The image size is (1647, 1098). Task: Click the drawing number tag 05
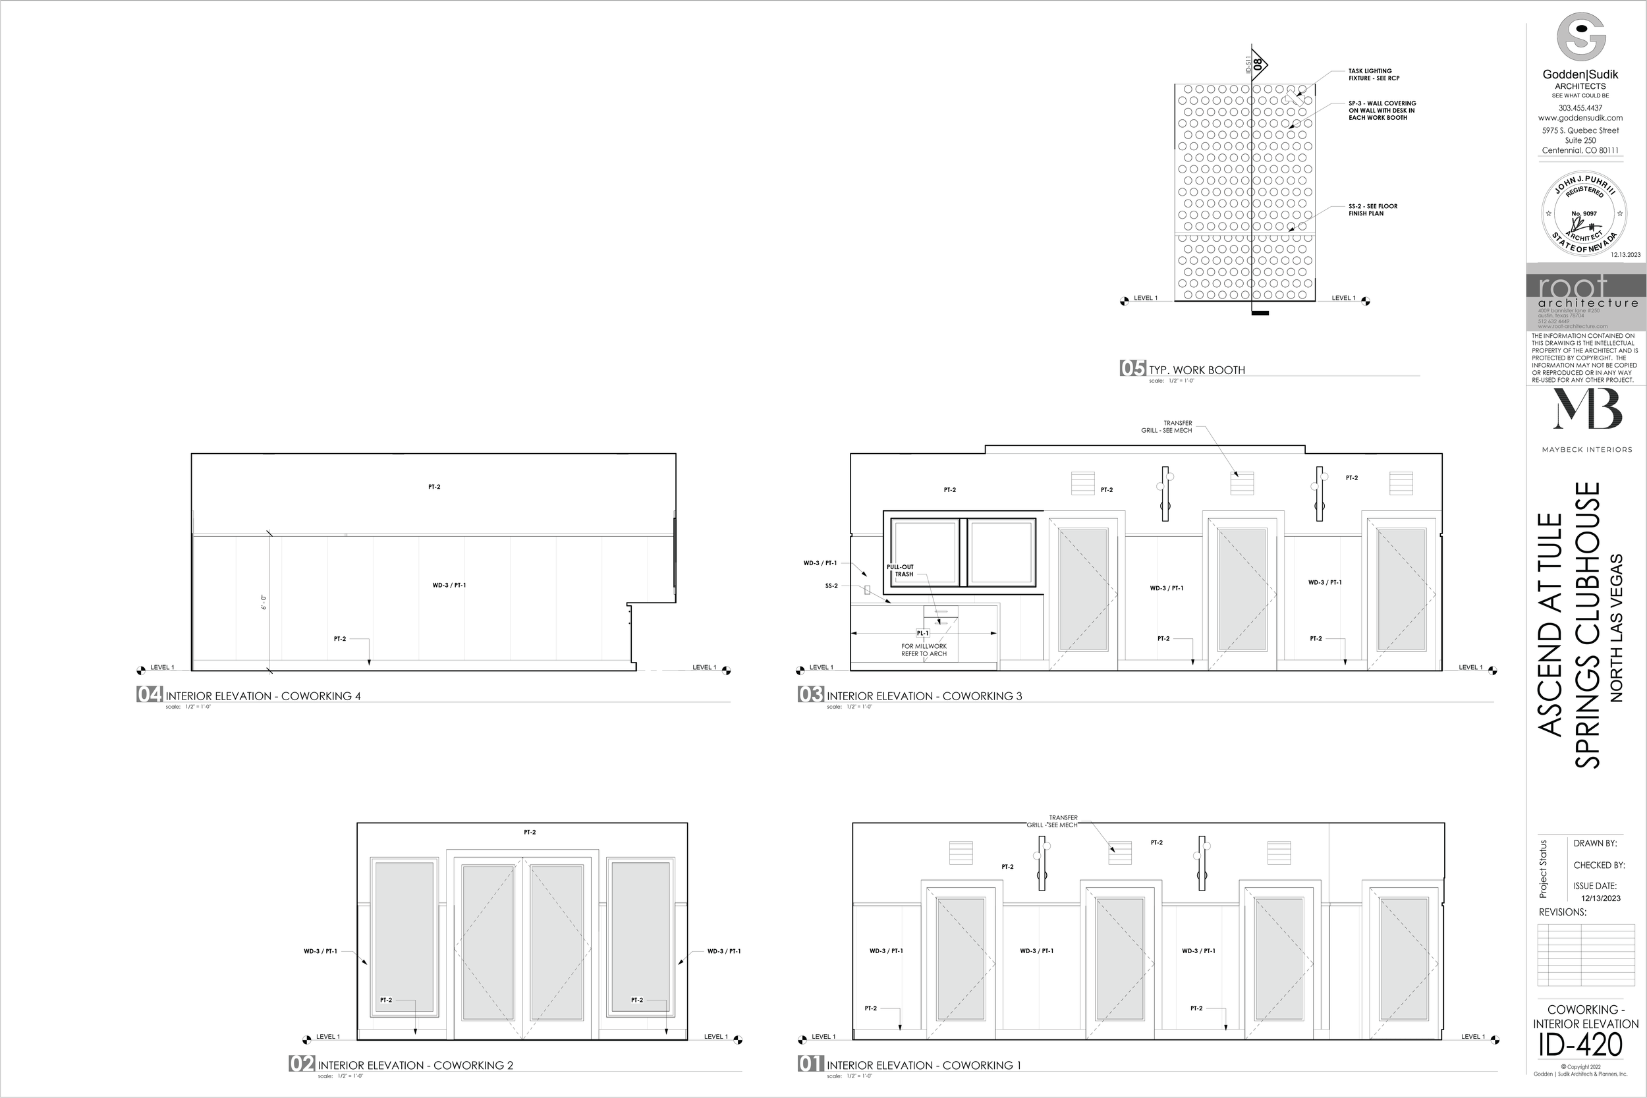(1132, 368)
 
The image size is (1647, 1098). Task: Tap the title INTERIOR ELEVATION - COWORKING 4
(263, 696)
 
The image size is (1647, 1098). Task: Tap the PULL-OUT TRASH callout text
(901, 570)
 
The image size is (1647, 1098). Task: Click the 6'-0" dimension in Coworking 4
(264, 602)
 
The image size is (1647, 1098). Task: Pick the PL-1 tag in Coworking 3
(922, 633)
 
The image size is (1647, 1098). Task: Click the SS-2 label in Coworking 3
(831, 586)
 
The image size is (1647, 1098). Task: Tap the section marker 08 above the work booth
(1258, 65)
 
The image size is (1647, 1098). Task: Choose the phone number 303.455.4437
(1580, 108)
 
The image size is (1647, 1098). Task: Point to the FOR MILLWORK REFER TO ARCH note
(924, 650)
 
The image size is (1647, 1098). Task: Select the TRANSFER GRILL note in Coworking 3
(1167, 426)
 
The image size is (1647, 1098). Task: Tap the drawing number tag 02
(302, 1064)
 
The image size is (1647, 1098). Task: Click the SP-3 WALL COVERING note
(1382, 111)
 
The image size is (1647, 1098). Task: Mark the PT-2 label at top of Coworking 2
(530, 833)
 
